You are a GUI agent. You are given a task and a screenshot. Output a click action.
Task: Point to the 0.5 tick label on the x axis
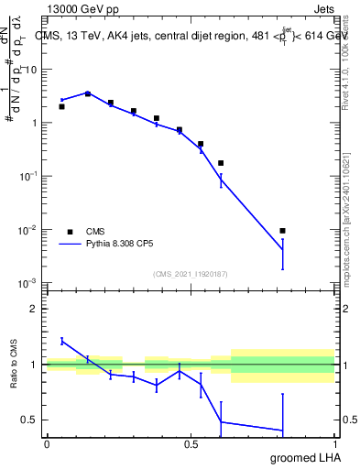click(x=191, y=444)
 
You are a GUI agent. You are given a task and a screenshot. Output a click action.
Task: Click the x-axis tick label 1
click(x=334, y=444)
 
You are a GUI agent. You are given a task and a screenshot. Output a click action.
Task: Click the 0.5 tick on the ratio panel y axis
click(x=33, y=420)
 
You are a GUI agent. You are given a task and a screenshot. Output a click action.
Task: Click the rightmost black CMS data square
click(x=283, y=231)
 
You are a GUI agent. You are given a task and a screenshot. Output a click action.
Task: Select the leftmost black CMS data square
click(x=61, y=106)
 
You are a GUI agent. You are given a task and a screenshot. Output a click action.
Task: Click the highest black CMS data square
click(x=88, y=93)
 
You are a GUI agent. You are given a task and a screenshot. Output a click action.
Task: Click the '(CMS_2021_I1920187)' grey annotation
click(x=191, y=273)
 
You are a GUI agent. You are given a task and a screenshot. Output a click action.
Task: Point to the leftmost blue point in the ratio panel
click(x=61, y=341)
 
